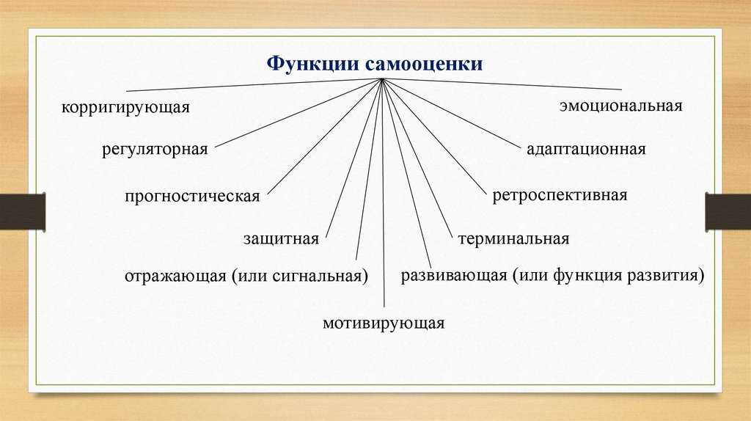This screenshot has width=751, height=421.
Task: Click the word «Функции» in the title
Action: point(313,65)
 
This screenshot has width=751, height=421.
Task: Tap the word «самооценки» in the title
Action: point(425,65)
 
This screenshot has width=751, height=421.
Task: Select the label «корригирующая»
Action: point(125,107)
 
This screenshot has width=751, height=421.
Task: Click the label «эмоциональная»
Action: point(620,106)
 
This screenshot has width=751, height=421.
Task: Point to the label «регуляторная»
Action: point(155,150)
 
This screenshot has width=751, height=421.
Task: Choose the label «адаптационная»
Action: point(586,149)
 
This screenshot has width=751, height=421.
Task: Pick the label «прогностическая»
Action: point(192,197)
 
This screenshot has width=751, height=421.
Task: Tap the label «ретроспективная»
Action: point(560,195)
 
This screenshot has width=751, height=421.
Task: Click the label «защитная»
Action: point(281,238)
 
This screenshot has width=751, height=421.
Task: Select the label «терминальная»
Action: point(513,238)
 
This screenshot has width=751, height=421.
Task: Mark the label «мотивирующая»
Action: point(384,323)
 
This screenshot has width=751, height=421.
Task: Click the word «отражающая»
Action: point(175,277)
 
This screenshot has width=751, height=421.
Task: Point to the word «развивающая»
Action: point(453,276)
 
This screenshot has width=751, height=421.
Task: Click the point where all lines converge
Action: point(381,79)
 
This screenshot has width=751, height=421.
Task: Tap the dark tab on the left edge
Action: point(23,211)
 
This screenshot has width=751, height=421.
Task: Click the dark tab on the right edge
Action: point(728,211)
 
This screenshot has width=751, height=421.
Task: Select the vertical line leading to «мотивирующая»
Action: point(383,193)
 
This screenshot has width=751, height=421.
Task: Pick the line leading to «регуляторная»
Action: point(298,113)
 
